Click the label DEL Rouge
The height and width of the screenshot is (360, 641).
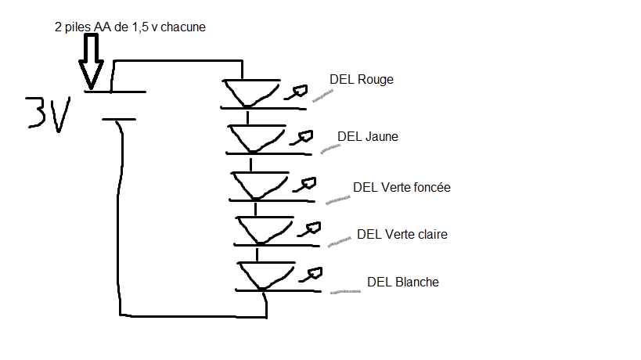tap(361, 79)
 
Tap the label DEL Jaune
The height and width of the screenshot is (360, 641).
tap(367, 136)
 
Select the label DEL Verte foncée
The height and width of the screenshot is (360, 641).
tap(402, 187)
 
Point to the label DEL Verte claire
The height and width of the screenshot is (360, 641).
tap(402, 234)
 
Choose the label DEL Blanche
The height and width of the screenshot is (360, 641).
tap(402, 282)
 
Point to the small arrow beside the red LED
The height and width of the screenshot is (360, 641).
tap(294, 93)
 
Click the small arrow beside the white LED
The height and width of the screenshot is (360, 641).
tap(311, 274)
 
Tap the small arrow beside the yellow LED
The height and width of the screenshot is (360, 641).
tap(298, 139)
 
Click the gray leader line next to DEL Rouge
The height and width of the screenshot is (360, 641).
tap(321, 96)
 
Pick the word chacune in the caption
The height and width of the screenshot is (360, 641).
tap(184, 27)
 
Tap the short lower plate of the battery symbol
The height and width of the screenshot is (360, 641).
tap(118, 120)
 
